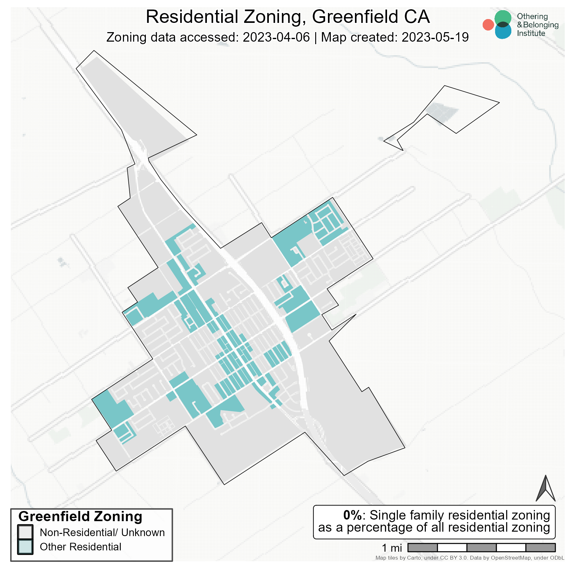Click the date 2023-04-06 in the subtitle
pos(276,37)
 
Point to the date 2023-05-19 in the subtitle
pos(435,37)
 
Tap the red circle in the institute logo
pos(488,25)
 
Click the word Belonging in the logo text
pos(541,25)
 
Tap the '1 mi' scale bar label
pos(392,548)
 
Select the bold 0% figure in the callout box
pos(352,515)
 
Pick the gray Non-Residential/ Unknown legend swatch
pos(25,532)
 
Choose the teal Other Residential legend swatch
pos(25,547)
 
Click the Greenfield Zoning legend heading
pos(80,516)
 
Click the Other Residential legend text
pos(80,547)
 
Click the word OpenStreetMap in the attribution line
pos(510,558)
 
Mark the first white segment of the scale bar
pos(452,548)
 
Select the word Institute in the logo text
pos(531,33)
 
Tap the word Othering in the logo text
pos(532,17)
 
